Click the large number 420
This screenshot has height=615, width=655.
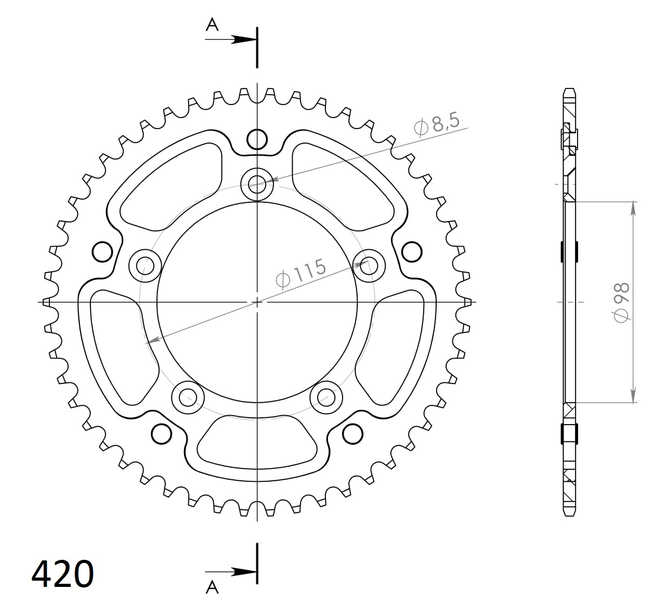point(63,574)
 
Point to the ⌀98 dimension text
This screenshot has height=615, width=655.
point(622,302)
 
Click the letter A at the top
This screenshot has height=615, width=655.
point(212,24)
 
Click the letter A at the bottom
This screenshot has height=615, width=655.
point(212,587)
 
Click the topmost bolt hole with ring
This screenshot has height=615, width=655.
point(257,183)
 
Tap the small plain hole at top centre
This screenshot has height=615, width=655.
point(257,139)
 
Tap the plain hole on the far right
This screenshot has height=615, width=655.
point(412,252)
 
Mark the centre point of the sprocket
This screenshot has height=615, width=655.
point(257,302)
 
